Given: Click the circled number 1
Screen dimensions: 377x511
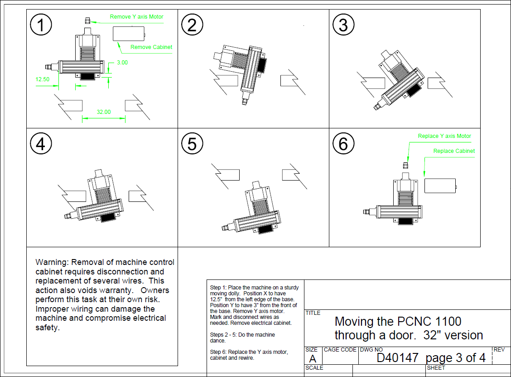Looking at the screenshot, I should tap(41, 25).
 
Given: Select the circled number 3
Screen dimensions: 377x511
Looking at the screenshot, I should tap(343, 25).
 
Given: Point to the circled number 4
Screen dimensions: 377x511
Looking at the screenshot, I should tap(41, 144).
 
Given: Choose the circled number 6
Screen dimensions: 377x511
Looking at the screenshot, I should tap(343, 144).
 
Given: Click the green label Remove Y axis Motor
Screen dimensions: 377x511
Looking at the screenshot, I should tap(136, 17).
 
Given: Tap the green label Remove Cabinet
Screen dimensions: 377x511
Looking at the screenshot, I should tap(151, 47).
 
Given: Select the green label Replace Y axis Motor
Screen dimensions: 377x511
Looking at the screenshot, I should tap(444, 136).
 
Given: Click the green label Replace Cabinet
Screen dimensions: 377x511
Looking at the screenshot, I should tap(454, 151).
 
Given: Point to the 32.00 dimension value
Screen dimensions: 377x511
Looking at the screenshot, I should tap(104, 112).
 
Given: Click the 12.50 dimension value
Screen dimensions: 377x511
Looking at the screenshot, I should tap(43, 79).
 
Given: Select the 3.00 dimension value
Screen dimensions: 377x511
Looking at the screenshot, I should tap(122, 63).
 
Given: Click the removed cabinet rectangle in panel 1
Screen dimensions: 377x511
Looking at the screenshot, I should tap(128, 33).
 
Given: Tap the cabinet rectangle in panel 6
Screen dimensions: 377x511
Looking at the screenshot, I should tap(440, 186).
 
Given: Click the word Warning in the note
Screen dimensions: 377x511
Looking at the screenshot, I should tap(50, 262).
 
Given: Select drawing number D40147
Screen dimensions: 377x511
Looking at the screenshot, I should tap(397, 357).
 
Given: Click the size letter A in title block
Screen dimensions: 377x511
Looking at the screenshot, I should tap(313, 359).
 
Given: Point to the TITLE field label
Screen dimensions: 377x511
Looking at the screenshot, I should tap(313, 313).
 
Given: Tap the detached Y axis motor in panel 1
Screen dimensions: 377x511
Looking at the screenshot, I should tap(87, 20).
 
